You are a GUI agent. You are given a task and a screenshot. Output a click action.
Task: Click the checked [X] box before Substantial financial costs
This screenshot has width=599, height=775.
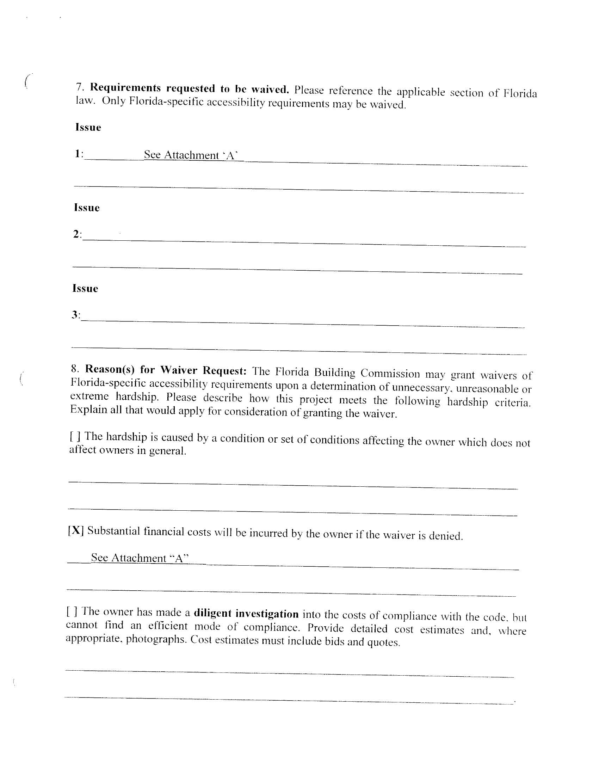pos(76,530)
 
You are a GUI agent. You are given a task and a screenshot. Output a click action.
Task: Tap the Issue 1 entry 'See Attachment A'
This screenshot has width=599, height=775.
pos(191,155)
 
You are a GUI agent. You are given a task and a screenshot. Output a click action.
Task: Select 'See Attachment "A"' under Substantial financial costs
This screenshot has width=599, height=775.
pos(140,558)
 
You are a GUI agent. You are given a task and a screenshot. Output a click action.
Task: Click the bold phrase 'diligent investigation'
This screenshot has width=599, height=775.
pos(246,614)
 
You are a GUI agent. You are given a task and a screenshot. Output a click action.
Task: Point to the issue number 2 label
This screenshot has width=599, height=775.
pos(77,234)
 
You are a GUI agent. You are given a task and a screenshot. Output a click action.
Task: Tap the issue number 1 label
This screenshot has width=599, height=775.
pos(79,154)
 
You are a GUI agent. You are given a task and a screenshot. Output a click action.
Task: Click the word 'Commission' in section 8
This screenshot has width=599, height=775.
pos(390,373)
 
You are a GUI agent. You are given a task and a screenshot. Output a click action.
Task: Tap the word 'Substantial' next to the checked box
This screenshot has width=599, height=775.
pos(113,531)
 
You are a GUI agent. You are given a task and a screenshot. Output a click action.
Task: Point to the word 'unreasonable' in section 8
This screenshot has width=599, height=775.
pos(487,389)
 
